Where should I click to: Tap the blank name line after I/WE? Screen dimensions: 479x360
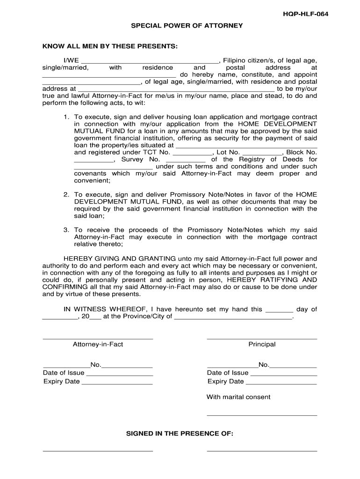point(150,61)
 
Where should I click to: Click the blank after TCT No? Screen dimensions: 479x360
point(193,153)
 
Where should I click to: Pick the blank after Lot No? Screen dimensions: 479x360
point(263,153)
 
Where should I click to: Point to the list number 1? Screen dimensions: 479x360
point(66,117)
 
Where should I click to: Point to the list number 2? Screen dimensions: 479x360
point(66,195)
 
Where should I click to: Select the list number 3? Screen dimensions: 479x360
point(66,230)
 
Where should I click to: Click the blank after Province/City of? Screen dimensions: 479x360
point(233,317)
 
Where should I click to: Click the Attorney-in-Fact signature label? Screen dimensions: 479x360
point(98,344)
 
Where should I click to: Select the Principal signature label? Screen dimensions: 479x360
point(262,344)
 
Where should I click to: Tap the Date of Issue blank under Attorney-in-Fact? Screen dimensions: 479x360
point(120,374)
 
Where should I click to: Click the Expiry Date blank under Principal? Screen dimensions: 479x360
point(281,382)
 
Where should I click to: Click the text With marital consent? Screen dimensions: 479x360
point(238,397)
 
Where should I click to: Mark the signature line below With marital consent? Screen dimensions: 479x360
point(262,415)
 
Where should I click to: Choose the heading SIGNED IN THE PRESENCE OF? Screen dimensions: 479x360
point(180,434)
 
